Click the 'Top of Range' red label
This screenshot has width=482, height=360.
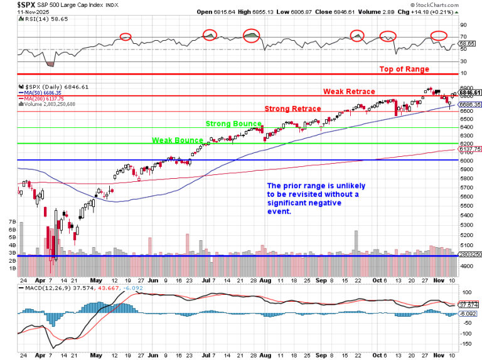click(x=404, y=69)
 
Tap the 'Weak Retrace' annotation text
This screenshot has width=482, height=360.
click(x=349, y=92)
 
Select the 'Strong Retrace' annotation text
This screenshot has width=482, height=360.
click(x=292, y=109)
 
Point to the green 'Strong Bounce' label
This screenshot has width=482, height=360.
click(x=233, y=124)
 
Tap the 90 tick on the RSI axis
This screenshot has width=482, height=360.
click(x=464, y=26)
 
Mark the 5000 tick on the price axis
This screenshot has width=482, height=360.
click(x=466, y=255)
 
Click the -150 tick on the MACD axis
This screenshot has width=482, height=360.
click(x=466, y=345)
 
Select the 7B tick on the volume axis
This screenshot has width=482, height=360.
click(x=12, y=222)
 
